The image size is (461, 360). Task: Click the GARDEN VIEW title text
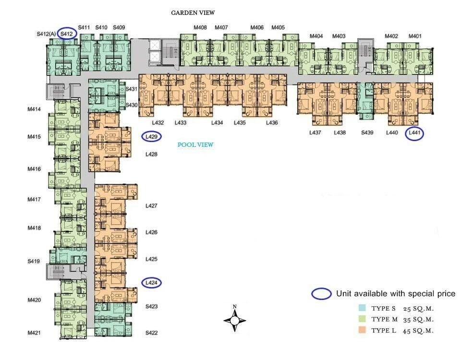click(x=193, y=12)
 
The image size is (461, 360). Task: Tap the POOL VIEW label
click(x=195, y=144)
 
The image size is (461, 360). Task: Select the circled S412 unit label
click(x=67, y=34)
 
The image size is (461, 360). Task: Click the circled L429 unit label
click(x=151, y=136)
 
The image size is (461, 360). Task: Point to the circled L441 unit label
click(x=414, y=132)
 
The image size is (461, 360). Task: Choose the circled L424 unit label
click(x=151, y=283)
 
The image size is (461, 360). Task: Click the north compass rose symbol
click(x=235, y=320)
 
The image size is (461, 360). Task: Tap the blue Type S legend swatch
click(x=362, y=308)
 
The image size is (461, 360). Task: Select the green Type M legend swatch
click(x=362, y=319)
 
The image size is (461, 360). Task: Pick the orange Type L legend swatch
click(x=362, y=330)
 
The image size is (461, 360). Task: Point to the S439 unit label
click(x=367, y=132)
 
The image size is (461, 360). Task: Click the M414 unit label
click(x=34, y=109)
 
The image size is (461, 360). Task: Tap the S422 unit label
click(x=152, y=333)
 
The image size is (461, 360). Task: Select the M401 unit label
click(x=415, y=36)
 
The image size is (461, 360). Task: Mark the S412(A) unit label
click(x=47, y=34)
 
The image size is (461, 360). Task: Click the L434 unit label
click(x=217, y=122)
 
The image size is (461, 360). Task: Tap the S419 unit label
click(x=34, y=261)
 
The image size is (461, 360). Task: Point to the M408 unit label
click(x=200, y=27)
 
